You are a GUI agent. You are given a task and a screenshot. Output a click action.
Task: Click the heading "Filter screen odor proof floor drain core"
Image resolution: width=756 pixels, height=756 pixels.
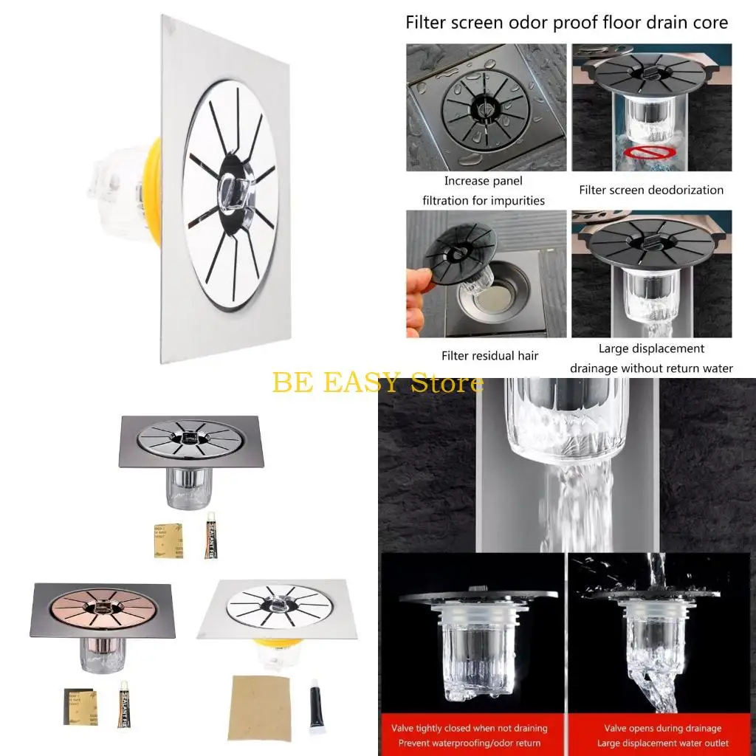[566, 23]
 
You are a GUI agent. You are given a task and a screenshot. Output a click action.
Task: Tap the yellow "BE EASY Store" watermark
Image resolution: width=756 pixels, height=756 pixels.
[378, 382]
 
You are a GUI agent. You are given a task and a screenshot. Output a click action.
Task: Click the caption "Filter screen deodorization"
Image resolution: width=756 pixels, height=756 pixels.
[650, 190]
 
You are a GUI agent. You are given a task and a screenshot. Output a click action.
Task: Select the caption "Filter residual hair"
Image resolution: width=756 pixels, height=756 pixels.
[489, 355]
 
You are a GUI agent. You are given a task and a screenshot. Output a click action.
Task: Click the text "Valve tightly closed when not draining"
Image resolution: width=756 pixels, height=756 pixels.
[469, 728]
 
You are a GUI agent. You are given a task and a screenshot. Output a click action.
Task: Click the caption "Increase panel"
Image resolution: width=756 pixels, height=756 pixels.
[483, 181]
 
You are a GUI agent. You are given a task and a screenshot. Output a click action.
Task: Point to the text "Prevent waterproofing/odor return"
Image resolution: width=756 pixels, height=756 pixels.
[469, 743]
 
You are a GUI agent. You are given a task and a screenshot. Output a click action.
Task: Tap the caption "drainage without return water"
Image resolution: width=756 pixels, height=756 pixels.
[651, 368]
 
